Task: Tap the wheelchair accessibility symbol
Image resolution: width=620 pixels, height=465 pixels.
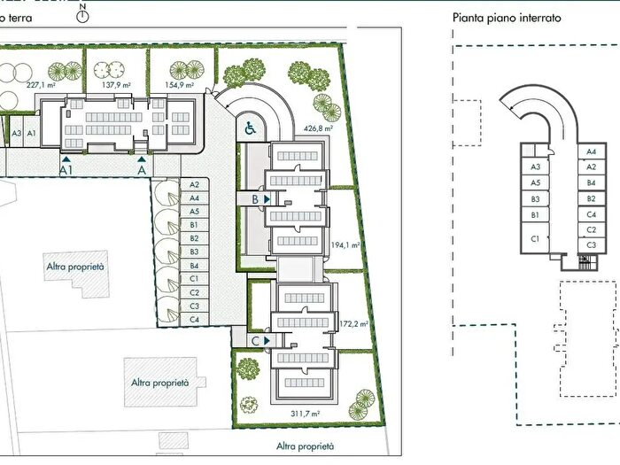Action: tap(250, 128)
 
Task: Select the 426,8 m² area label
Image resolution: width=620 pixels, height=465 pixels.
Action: tap(318, 128)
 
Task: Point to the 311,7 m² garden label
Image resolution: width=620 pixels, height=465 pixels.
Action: tap(305, 414)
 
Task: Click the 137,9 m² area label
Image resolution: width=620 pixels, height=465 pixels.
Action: tap(116, 85)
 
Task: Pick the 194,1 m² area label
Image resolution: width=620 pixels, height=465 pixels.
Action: tap(345, 245)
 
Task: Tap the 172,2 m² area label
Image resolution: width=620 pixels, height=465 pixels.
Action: tap(354, 324)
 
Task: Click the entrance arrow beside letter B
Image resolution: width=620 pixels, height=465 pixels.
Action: tap(267, 199)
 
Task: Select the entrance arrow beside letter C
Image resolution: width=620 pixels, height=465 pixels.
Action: tap(267, 340)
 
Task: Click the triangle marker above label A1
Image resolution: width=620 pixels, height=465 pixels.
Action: tap(66, 159)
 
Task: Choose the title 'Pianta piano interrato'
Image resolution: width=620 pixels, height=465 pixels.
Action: tap(507, 18)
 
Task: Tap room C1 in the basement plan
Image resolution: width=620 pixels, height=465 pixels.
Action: tap(535, 237)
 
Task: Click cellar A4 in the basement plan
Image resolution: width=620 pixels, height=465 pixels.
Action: tap(591, 151)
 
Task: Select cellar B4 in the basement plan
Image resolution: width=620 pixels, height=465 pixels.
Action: tap(591, 182)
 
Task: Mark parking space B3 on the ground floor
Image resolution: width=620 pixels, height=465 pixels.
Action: tap(194, 252)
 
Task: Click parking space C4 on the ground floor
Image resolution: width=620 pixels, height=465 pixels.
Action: tap(194, 319)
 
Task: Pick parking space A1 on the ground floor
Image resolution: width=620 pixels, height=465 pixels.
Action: tap(32, 133)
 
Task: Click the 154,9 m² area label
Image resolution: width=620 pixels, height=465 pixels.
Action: tap(179, 85)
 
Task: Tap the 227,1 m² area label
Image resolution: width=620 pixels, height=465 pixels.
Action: tap(40, 85)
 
